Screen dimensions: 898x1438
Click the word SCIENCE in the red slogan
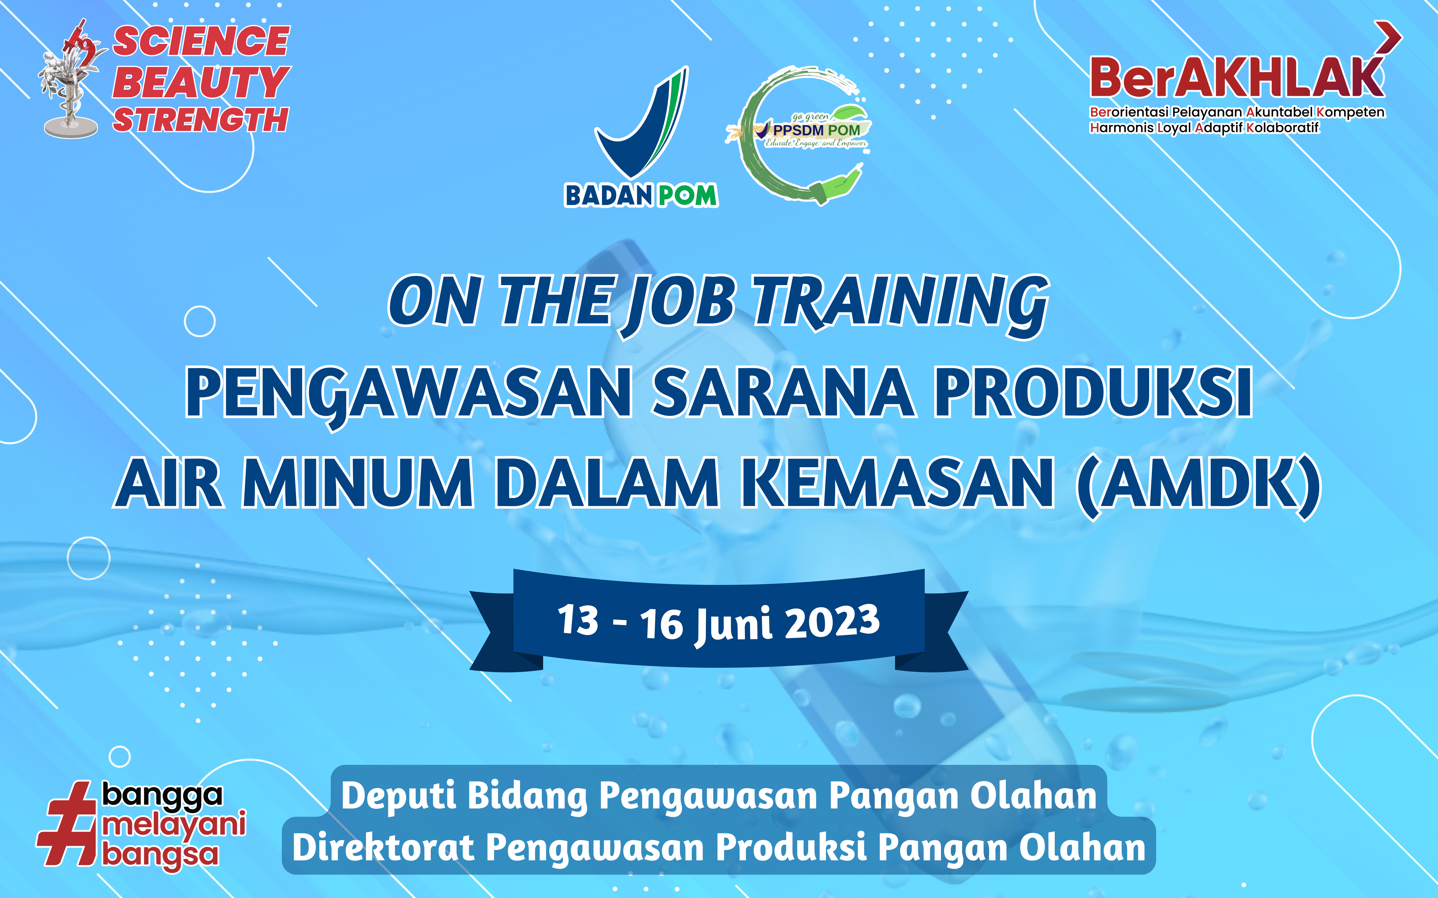(x=201, y=42)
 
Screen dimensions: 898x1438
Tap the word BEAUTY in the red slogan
(x=201, y=82)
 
